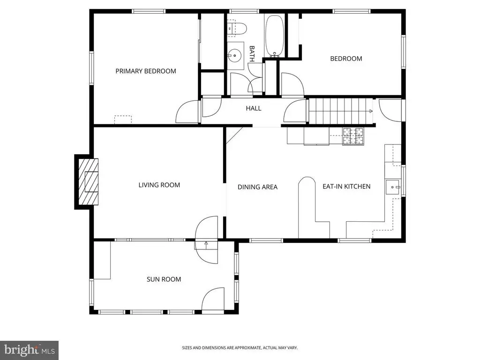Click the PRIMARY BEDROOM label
(146, 71)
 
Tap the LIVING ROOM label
(159, 185)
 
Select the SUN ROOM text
(164, 279)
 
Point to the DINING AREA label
(257, 187)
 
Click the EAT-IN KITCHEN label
(346, 187)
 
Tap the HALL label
(254, 108)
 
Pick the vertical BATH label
(252, 54)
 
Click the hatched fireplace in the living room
(89, 181)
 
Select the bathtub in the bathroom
(274, 36)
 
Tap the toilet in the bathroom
(237, 29)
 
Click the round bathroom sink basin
(235, 55)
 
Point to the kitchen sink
(393, 187)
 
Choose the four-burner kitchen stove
(353, 136)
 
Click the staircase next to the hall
(340, 111)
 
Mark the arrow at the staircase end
(371, 111)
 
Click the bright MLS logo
(30, 350)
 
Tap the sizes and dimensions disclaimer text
(240, 348)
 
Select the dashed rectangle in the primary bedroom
(123, 120)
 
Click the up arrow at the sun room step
(206, 245)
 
